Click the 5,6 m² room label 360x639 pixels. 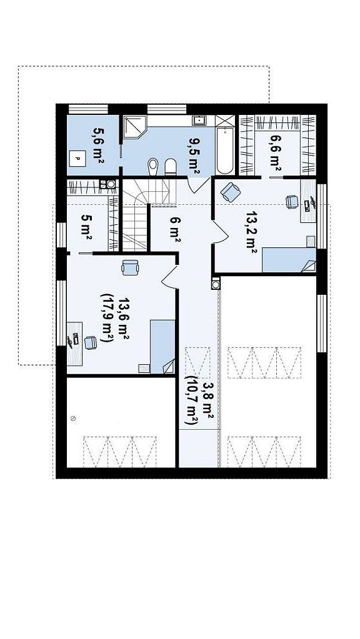[98, 145]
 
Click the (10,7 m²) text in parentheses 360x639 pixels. [191, 400]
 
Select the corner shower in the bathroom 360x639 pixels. [134, 126]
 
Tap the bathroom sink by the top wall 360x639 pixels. [199, 120]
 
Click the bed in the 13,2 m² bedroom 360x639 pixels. [289, 259]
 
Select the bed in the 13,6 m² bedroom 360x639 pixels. [162, 347]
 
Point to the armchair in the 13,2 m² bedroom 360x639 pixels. [231, 192]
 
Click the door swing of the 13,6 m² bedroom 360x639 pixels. [169, 277]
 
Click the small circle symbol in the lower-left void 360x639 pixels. [73, 419]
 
